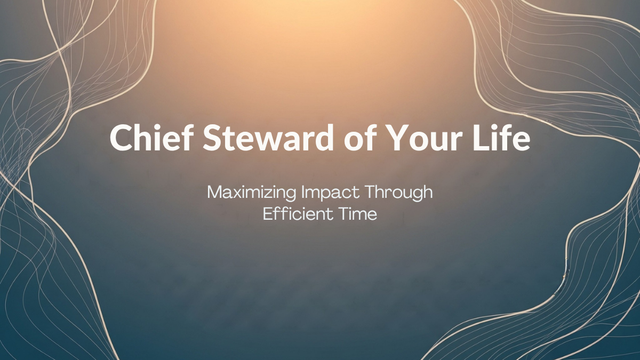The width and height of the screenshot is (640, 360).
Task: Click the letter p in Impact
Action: click(x=322, y=195)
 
